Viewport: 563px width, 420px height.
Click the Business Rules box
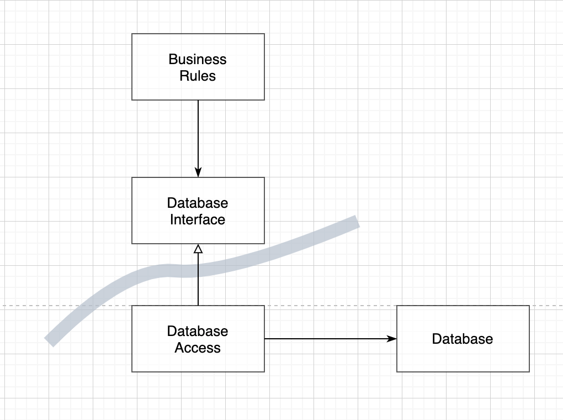click(198, 67)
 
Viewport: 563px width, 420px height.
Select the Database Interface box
click(198, 211)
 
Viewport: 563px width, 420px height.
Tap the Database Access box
click(198, 339)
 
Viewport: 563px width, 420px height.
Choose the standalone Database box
click(463, 339)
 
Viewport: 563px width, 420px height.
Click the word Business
click(198, 59)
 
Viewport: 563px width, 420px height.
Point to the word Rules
click(198, 76)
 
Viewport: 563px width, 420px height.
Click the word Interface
click(198, 219)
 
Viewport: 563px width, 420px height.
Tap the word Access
click(198, 348)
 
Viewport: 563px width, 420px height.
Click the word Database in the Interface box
click(198, 203)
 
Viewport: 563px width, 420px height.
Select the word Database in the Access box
click(198, 331)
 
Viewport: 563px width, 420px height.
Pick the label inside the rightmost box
click(463, 339)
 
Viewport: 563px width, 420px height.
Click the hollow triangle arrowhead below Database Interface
click(198, 249)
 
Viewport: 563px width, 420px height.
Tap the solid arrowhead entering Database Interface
click(198, 172)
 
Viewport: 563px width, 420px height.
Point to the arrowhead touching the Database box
click(392, 339)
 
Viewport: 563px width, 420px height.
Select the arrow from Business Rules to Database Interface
click(198, 139)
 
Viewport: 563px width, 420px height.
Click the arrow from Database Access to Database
click(331, 339)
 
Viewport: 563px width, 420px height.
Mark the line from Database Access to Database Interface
click(198, 275)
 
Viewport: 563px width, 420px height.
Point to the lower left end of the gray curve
click(49, 343)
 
